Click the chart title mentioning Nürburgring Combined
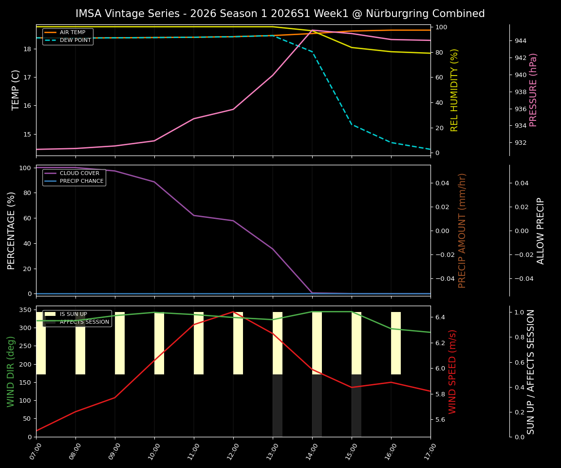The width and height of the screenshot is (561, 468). (280, 14)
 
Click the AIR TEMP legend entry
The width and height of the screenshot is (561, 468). (72, 33)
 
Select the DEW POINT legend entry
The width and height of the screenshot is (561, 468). (75, 40)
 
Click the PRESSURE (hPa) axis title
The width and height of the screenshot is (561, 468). (534, 90)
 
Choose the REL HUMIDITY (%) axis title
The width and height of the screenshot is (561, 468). (455, 90)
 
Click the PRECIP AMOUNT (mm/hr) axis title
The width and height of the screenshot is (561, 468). (463, 230)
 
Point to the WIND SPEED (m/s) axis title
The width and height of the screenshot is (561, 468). (453, 371)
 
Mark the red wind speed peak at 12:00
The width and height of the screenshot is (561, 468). (233, 312)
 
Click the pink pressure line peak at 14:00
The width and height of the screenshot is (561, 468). (312, 30)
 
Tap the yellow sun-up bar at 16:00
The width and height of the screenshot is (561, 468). (396, 343)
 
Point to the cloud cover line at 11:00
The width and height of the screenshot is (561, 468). (194, 215)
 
